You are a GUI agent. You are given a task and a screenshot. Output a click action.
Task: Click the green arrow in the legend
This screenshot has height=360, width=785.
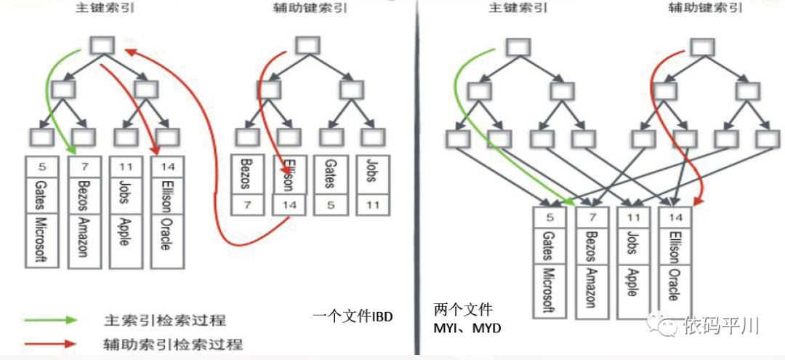(x=49, y=320)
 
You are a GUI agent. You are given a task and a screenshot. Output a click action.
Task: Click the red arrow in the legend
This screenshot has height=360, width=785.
(x=49, y=343)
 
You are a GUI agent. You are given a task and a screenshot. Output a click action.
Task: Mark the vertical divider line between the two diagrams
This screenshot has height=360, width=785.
(x=416, y=182)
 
